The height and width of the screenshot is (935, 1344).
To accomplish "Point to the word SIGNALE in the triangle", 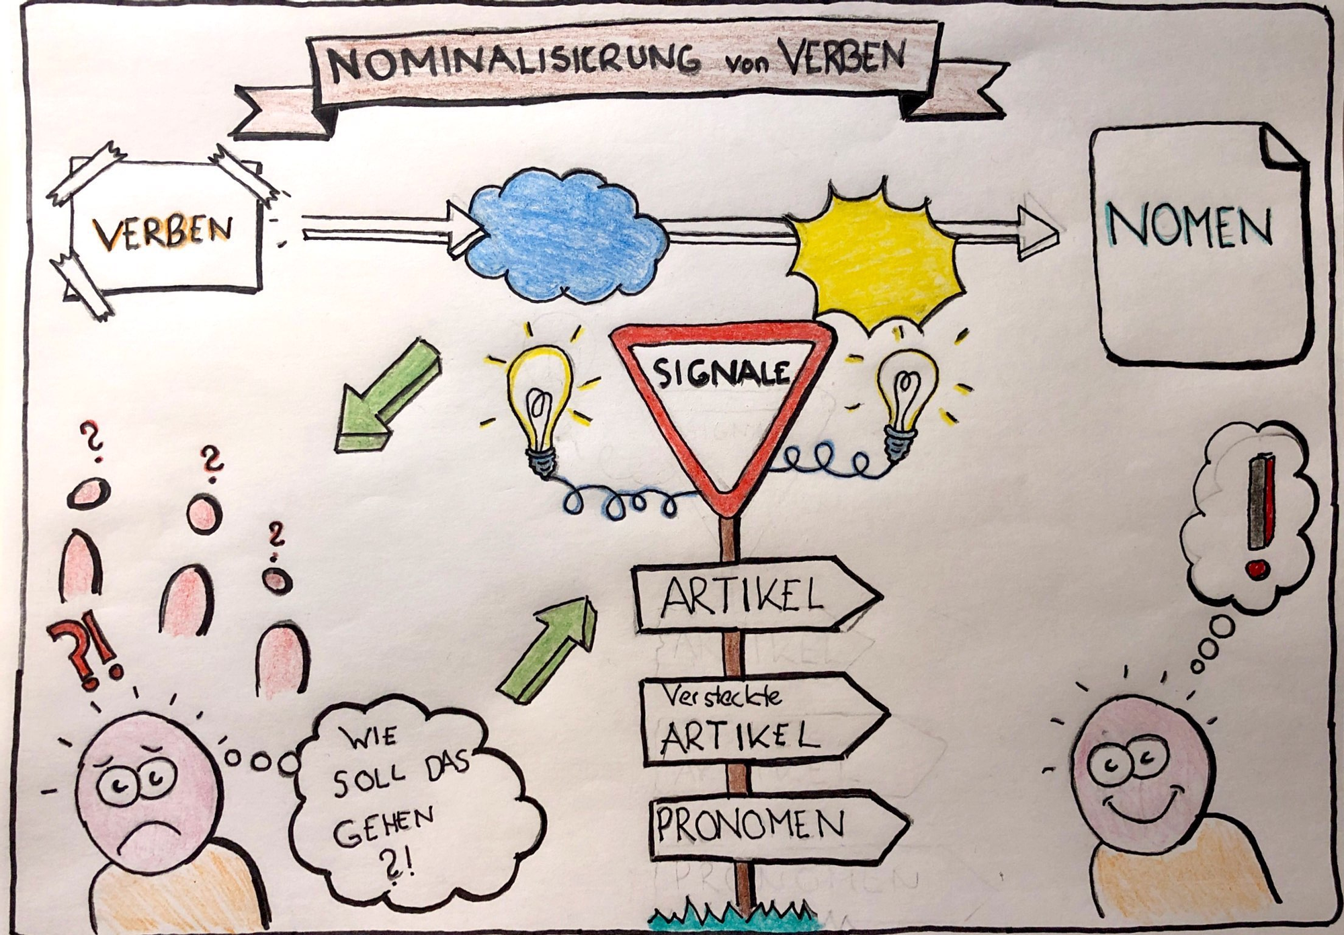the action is (722, 372).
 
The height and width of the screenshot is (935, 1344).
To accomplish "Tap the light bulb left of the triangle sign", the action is (541, 407).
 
